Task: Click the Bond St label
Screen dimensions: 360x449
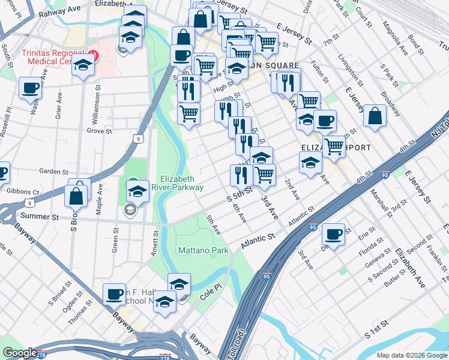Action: pos(415,42)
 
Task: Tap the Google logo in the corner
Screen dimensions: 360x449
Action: pos(20,353)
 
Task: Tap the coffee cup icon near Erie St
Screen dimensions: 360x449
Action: pos(333,234)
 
